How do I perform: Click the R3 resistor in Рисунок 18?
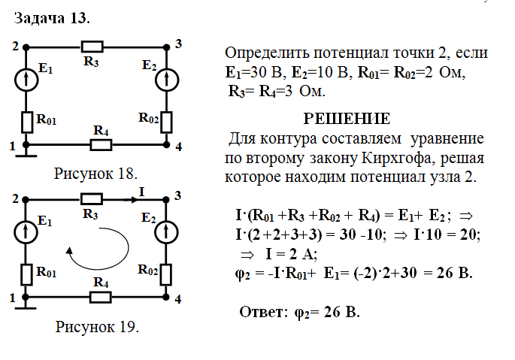coord(92,47)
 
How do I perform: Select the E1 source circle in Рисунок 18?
coord(27,77)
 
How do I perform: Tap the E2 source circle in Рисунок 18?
coord(165,77)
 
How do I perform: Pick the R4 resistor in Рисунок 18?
coord(100,144)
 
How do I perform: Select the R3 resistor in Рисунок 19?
coord(92,199)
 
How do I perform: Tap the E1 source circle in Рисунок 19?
coord(27,230)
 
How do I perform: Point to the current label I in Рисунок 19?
coord(141,192)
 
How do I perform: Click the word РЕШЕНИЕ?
coord(346,119)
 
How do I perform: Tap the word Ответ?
coord(263,311)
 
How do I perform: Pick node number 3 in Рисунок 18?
coord(178,44)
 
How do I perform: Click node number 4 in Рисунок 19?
coord(178,299)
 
